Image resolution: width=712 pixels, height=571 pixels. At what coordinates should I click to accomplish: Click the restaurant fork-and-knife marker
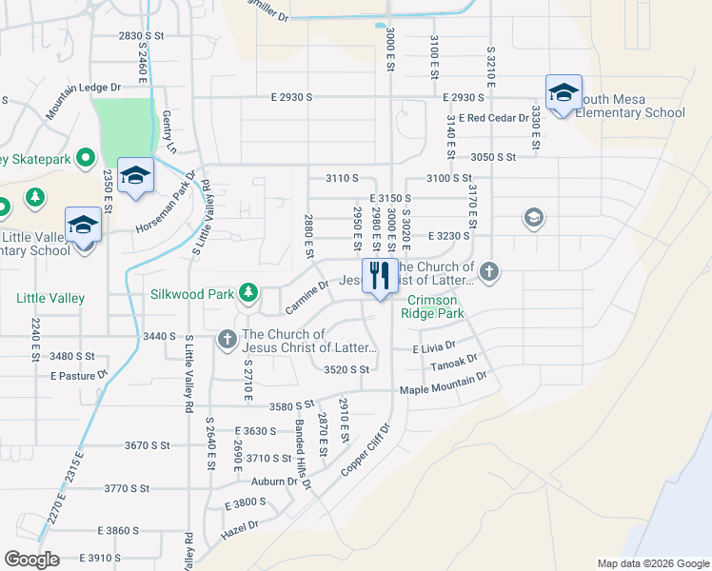[380, 276]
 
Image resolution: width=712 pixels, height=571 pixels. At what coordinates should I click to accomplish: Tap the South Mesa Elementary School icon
[564, 93]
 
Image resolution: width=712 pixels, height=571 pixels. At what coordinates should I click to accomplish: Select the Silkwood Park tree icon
[248, 291]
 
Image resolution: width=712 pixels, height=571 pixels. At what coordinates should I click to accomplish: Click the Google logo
[31, 559]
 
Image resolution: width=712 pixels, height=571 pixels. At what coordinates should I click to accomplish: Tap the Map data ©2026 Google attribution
[652, 563]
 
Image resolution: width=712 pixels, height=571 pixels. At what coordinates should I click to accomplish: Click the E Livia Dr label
[435, 349]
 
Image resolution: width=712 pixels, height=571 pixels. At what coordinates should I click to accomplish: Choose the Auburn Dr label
[276, 482]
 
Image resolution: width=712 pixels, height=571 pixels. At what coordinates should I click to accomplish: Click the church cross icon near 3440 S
[227, 338]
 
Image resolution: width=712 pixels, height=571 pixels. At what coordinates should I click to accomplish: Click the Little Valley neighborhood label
[50, 298]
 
